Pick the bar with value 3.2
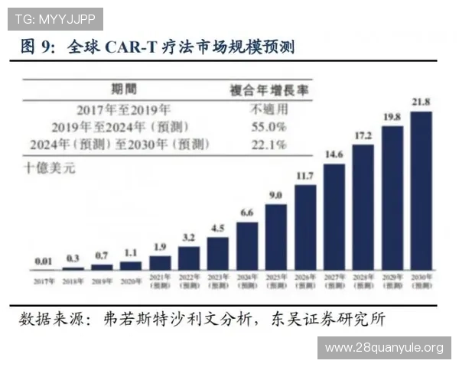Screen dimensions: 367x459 [189, 258]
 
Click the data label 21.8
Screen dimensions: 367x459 [422, 102]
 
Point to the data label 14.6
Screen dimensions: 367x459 [334, 154]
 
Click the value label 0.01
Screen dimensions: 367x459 [44, 261]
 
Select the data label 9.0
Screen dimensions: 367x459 [276, 195]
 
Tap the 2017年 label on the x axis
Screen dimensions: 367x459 [44, 281]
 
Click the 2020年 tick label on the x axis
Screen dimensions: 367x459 [131, 281]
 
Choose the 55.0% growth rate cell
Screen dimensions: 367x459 [269, 126]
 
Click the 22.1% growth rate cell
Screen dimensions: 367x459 [269, 143]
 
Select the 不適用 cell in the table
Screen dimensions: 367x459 [269, 109]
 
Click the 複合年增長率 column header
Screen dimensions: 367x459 [269, 89]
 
